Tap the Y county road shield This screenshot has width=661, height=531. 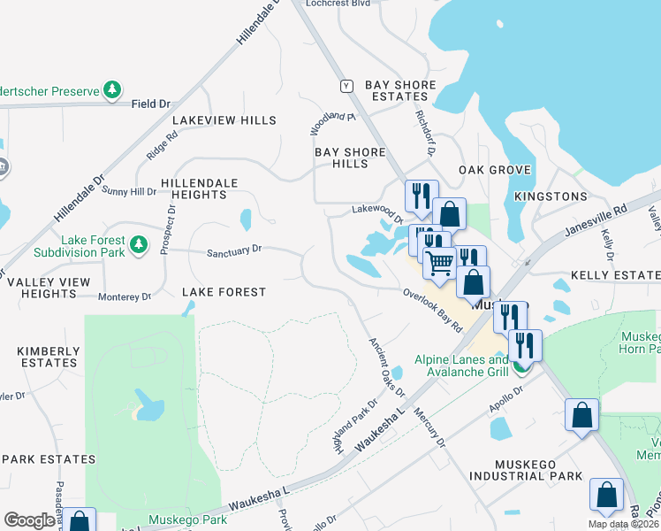[346, 86]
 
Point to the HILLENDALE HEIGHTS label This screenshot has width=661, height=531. [200, 189]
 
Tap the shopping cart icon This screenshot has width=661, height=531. [438, 263]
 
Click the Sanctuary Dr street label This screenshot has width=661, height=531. [234, 250]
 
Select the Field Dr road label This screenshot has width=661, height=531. [150, 104]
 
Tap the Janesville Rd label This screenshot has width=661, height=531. [596, 223]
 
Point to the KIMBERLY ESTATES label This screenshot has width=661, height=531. [47, 358]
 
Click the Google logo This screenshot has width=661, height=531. [29, 520]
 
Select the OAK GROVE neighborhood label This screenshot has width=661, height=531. [494, 170]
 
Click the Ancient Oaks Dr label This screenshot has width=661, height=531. [386, 366]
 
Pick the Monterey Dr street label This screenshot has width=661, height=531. [125, 297]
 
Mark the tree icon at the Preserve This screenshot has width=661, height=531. [112, 89]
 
